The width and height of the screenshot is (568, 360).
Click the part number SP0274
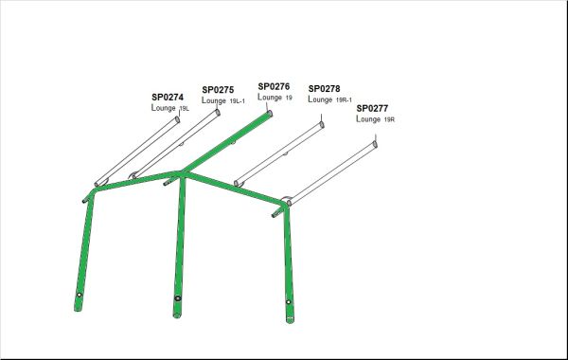tap(168, 98)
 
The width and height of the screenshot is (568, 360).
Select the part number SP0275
tap(218, 90)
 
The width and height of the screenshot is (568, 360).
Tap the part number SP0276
tap(274, 86)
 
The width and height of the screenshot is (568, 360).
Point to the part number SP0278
tap(324, 89)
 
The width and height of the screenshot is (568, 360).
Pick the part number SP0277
tap(372, 108)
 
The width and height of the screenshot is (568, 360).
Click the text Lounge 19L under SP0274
tap(169, 108)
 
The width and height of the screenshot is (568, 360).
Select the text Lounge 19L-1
tap(223, 100)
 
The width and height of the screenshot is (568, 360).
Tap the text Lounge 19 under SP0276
tap(275, 98)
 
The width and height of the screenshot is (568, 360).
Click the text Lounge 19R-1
tap(329, 99)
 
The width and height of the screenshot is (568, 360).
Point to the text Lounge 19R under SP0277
tap(375, 119)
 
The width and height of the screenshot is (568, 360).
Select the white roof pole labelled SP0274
tap(137, 152)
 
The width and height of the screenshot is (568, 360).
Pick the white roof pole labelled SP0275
tap(176, 144)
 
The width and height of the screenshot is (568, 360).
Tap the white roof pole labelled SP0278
tap(279, 154)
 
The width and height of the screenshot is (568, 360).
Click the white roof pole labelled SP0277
tap(331, 173)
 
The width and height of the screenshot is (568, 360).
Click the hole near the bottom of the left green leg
tap(79, 296)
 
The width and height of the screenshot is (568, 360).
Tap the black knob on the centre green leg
tap(178, 298)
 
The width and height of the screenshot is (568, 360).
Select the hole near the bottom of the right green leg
tap(289, 302)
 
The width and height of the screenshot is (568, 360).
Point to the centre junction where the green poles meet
tap(181, 174)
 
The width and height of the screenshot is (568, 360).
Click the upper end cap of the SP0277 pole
tap(375, 144)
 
